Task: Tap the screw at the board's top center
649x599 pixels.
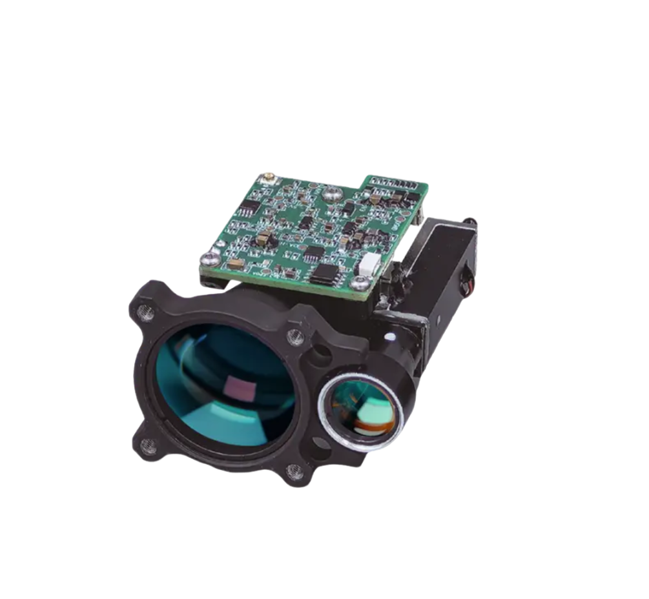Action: [332, 192]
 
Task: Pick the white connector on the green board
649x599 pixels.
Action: [369, 263]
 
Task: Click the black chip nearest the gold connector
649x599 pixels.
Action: [249, 207]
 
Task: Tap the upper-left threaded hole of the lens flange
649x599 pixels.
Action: [147, 314]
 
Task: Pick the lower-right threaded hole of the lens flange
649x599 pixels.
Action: [294, 473]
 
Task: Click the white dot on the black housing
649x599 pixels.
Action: [390, 337]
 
